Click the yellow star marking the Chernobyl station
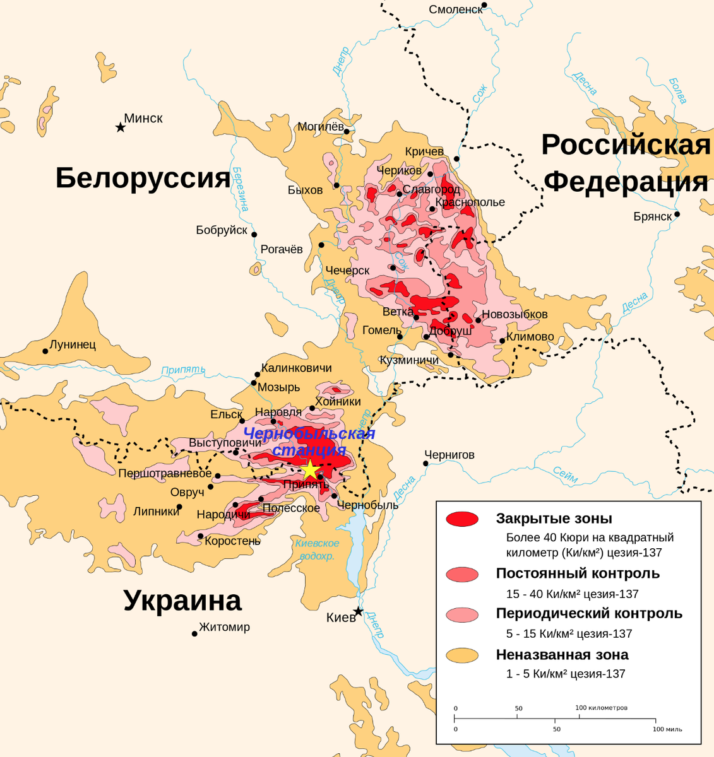point(310,470)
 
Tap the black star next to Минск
point(120,127)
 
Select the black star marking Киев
point(358,611)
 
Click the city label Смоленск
point(455,9)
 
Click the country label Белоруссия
point(143,179)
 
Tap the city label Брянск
point(652,216)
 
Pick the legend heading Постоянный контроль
point(578,573)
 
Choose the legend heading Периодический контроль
point(589,613)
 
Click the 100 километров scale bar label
point(601,708)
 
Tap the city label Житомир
point(224,627)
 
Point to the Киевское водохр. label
point(317,549)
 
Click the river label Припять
point(183,370)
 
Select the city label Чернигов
point(449,455)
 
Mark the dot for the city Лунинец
point(45,351)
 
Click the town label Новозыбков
point(515,314)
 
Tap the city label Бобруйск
point(222,230)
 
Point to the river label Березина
point(240,189)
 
